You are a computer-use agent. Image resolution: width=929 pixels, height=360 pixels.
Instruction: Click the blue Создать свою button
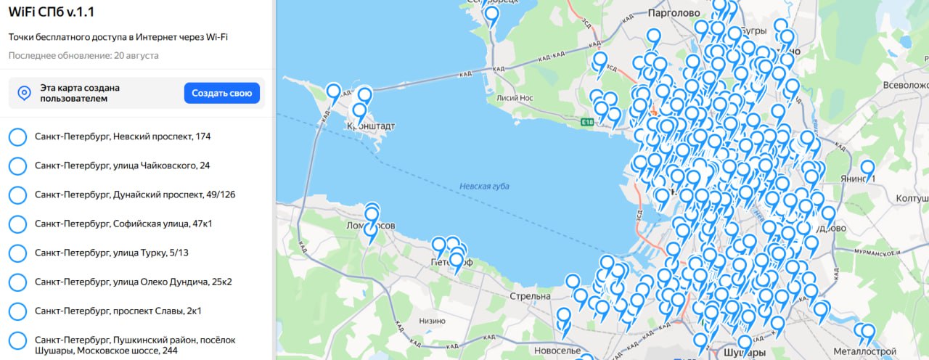pos(221,93)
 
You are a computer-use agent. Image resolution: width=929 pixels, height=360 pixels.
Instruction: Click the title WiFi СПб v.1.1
pos(52,12)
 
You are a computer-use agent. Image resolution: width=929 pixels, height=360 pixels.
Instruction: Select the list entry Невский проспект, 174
pos(122,136)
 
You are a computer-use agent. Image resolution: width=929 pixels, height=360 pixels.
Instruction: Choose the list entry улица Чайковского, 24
pos(122,165)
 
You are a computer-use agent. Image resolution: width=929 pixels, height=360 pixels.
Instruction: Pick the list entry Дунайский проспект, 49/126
pos(134,195)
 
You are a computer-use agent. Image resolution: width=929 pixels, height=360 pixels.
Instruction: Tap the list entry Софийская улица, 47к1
pos(123,224)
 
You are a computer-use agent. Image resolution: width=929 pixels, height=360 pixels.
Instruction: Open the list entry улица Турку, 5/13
pos(110,253)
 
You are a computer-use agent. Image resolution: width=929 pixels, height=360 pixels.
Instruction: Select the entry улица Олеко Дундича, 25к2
pos(133,282)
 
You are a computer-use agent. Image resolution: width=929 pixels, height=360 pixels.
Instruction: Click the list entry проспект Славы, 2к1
pos(118,311)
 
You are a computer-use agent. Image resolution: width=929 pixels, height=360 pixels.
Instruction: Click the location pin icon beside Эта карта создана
pos(24,93)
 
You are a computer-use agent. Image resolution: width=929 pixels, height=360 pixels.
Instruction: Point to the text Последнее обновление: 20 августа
pos(83,55)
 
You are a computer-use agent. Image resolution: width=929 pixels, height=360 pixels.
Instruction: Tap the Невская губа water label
pos(484,187)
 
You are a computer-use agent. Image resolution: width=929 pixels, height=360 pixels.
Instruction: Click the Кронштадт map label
pos(372,126)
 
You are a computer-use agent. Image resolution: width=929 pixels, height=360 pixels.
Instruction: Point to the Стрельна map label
pos(530,296)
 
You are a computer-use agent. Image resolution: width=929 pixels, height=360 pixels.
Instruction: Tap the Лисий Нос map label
pos(515,98)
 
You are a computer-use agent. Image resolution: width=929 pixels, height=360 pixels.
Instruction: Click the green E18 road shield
pos(588,123)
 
